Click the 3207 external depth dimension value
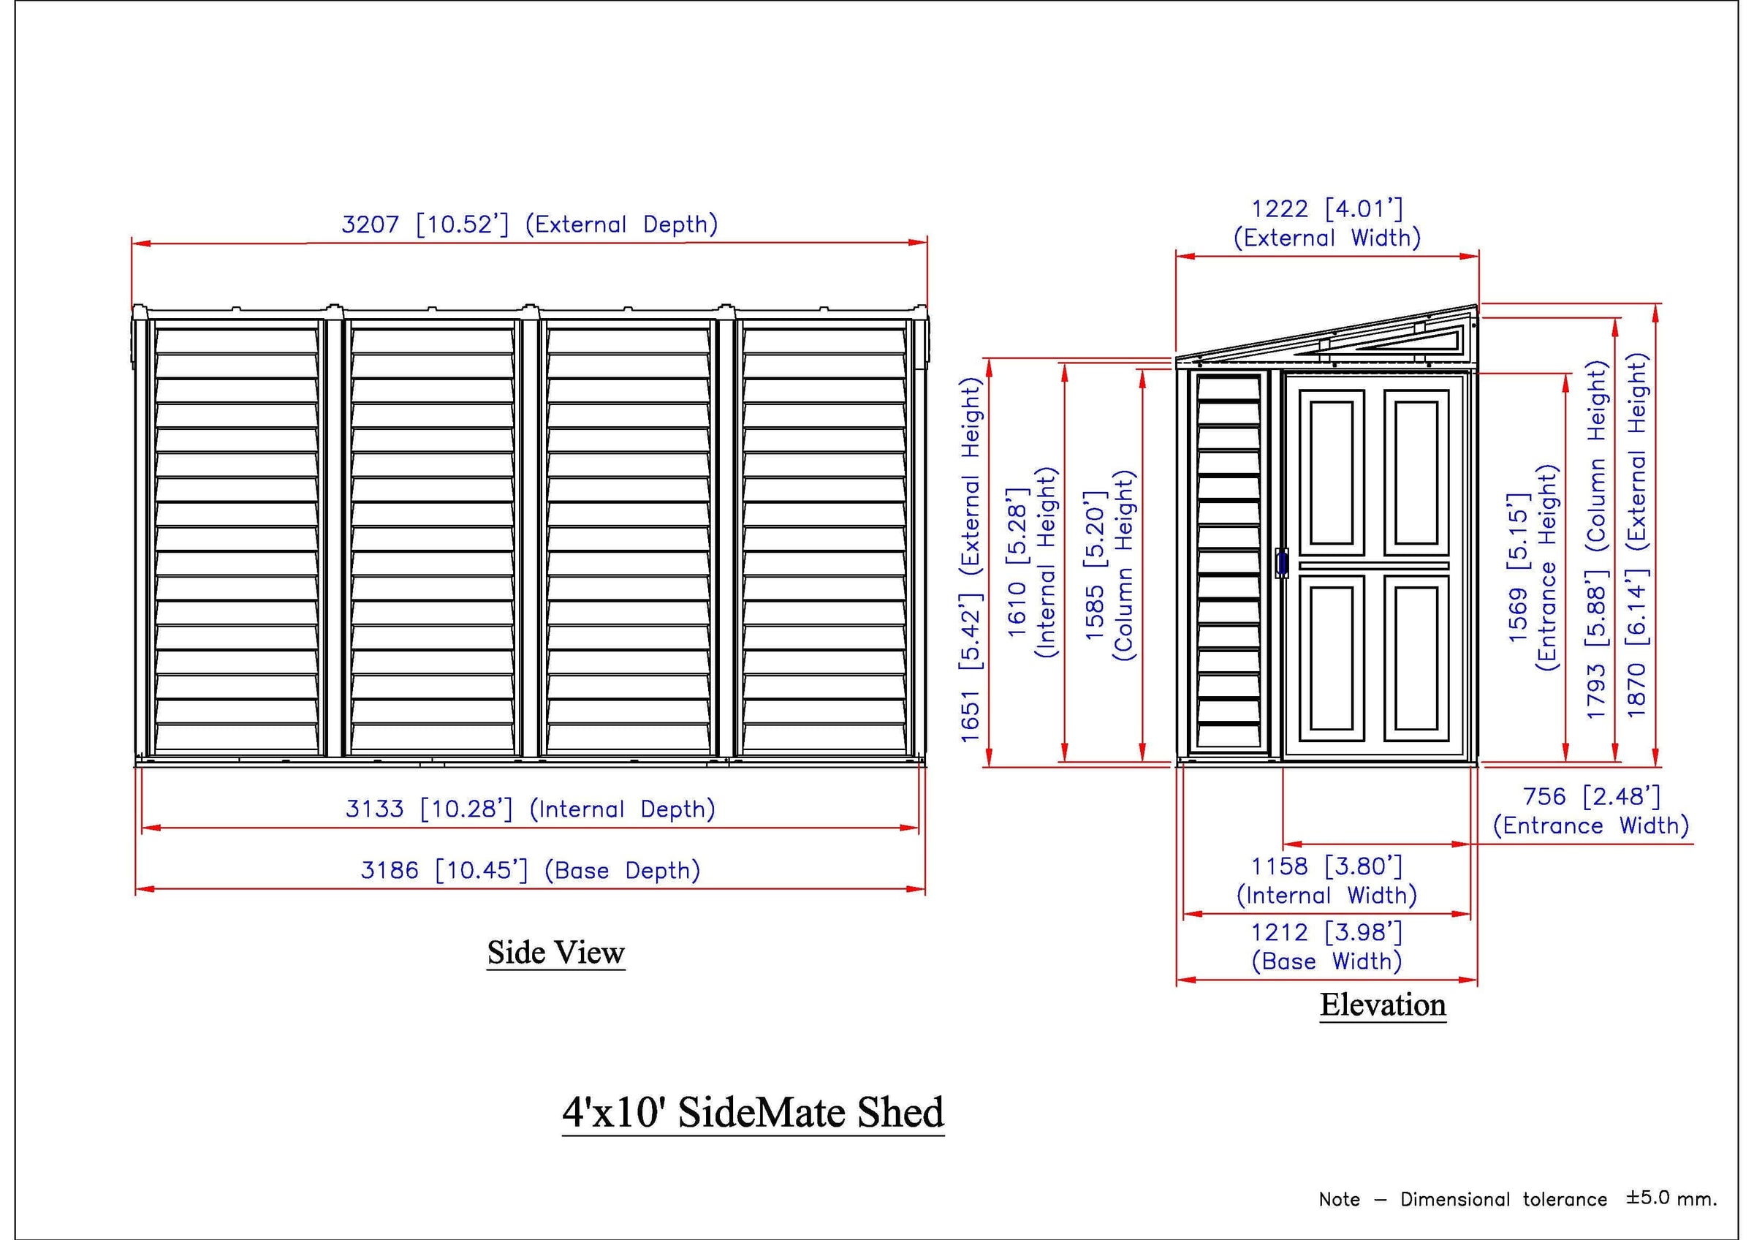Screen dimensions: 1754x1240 click(x=370, y=224)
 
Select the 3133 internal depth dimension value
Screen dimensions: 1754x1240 click(x=374, y=809)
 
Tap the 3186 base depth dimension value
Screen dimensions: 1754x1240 click(x=390, y=869)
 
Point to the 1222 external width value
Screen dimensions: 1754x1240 click(x=1280, y=208)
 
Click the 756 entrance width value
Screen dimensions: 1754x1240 click(x=1545, y=796)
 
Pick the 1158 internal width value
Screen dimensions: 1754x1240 click(x=1280, y=866)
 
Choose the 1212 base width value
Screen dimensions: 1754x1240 click(x=1280, y=932)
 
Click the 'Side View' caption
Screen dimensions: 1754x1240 click(x=556, y=953)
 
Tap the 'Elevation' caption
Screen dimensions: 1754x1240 click(x=1383, y=1005)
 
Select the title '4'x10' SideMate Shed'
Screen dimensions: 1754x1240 click(x=753, y=1111)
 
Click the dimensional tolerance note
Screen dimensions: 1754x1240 click(x=1518, y=1199)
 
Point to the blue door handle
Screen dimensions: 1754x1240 click(x=1281, y=564)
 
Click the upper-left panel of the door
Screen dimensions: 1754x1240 click(x=1332, y=472)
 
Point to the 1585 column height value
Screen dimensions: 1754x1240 click(x=1095, y=613)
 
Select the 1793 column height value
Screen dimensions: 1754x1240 click(x=1596, y=692)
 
